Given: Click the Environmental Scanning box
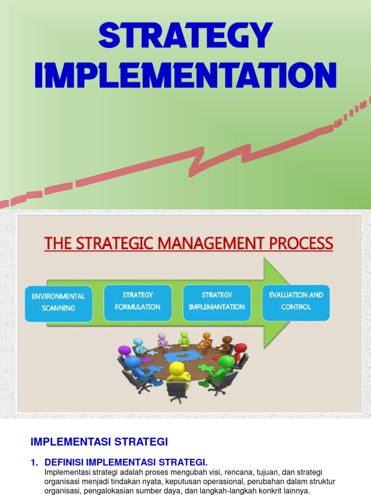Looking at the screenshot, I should pos(58,302).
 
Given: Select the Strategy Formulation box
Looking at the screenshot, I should pos(138,301).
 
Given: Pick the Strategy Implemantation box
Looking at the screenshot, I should pos(216,301).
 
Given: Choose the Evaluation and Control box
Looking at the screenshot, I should pos(296,301).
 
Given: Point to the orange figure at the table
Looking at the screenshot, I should pos(206,339).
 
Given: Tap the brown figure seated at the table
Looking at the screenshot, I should pos(226,343).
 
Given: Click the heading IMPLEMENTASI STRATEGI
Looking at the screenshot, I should pos(99,441).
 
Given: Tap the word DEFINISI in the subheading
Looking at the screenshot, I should pos(66,463).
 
